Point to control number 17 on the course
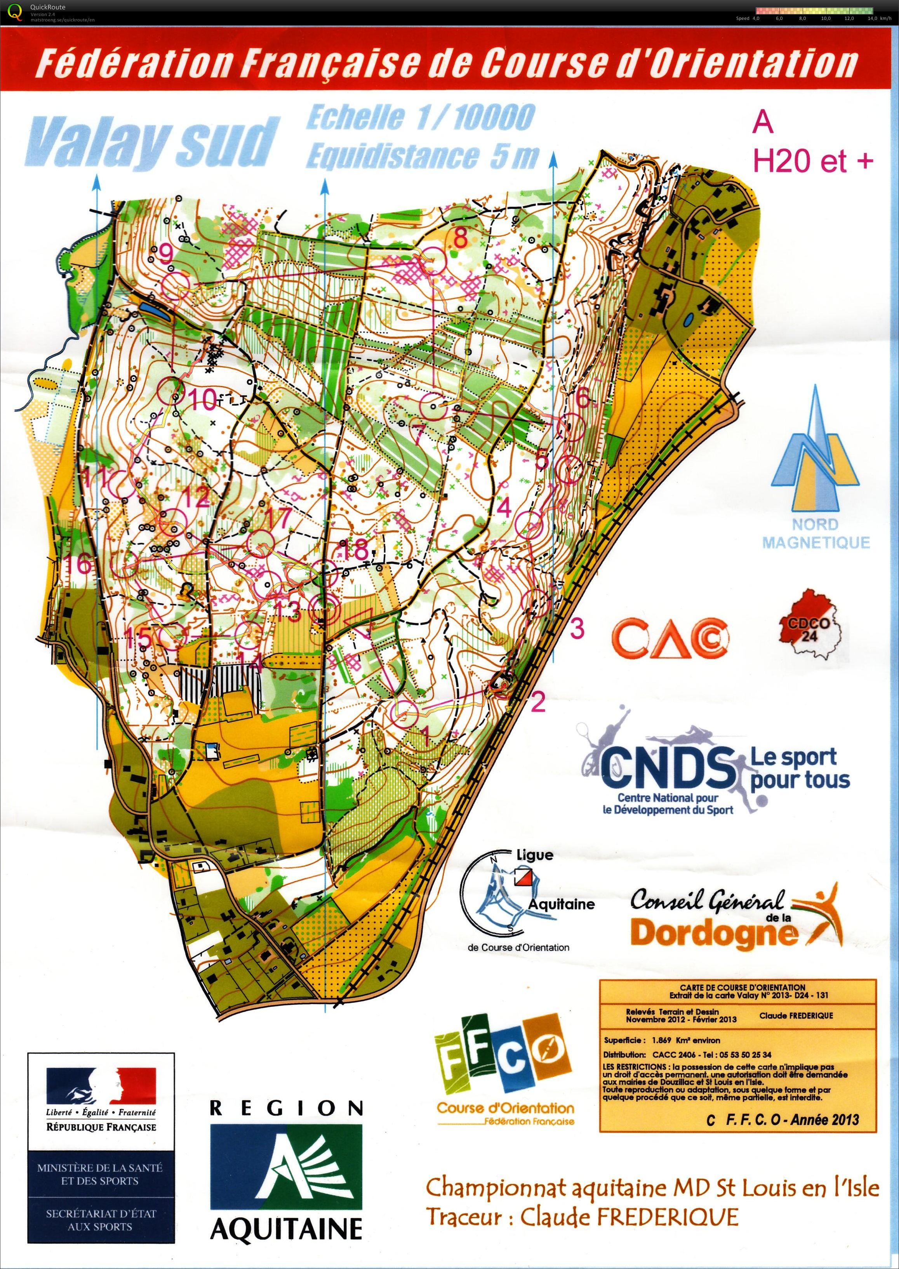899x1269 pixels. [x=277, y=518]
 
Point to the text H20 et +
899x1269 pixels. [x=813, y=161]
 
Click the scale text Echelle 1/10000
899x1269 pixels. [x=420, y=118]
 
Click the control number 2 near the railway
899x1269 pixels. [x=537, y=702]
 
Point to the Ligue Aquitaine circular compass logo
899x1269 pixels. [x=501, y=897]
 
